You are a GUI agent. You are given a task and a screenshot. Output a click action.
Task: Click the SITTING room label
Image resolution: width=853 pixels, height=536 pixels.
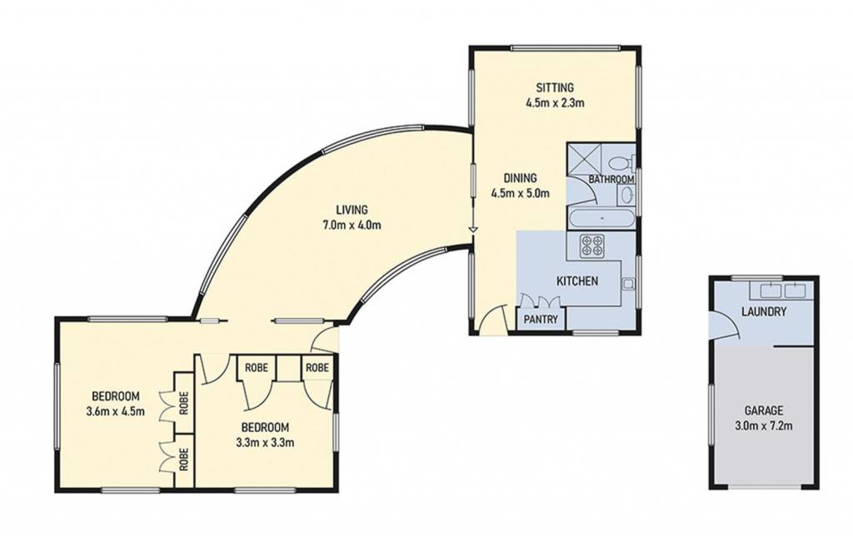555,87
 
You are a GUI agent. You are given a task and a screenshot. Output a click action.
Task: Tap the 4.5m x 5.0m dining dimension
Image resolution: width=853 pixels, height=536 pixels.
520,193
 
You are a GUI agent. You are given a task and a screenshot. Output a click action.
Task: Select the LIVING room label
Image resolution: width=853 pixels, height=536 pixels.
352,209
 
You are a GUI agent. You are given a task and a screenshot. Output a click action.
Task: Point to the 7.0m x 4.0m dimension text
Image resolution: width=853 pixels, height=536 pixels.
352,225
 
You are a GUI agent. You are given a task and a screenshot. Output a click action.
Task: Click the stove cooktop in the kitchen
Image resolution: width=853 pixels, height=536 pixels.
592,246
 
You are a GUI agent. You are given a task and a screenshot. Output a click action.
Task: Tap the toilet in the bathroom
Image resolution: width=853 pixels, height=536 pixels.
620,162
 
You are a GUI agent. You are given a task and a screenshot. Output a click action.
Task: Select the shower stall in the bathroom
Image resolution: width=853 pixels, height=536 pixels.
584,159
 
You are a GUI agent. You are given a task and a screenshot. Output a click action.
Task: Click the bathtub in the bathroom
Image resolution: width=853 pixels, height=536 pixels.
601,219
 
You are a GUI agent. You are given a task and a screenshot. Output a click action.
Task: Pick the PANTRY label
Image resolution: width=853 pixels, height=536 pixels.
541,320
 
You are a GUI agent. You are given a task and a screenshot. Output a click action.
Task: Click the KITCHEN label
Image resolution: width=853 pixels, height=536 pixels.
577,281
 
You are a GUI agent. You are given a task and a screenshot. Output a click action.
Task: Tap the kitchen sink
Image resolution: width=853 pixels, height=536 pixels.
628,283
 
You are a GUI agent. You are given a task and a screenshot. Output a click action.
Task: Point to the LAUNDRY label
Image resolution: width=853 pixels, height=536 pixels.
764,312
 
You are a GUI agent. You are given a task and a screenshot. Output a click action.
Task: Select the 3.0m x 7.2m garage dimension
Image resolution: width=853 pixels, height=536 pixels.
764,425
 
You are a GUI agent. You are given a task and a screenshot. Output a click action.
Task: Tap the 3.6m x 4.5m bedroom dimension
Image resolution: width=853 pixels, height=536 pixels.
115,411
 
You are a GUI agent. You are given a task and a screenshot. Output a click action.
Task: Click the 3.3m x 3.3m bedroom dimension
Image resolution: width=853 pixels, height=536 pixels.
265,443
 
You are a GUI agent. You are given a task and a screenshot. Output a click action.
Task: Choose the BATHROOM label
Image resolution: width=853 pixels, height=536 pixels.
611,180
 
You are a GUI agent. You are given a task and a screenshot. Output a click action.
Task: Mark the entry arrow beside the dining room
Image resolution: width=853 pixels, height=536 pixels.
473,230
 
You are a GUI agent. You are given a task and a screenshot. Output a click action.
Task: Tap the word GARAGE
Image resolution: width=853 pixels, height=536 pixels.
764,410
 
